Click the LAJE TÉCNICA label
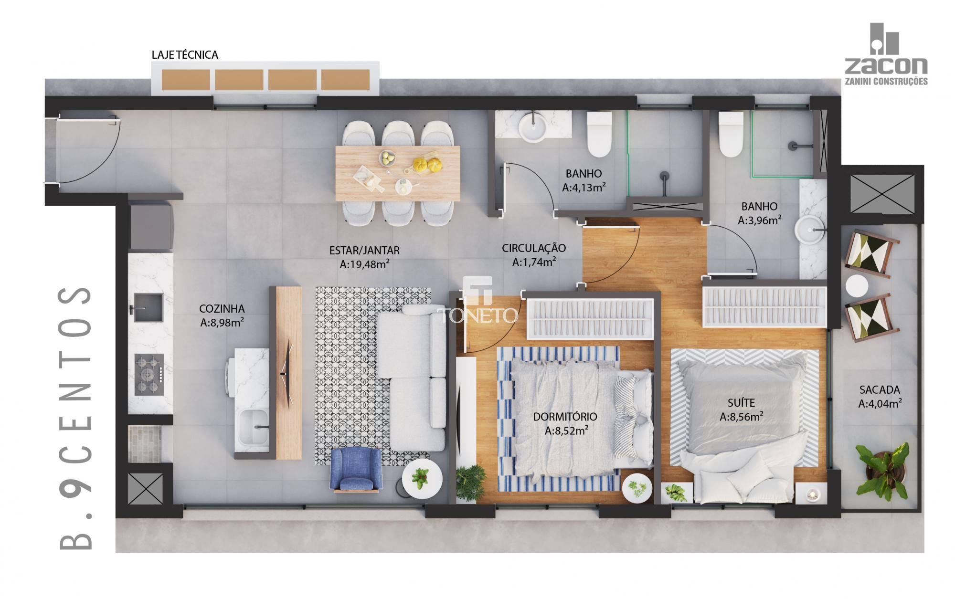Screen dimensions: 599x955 point(185,55)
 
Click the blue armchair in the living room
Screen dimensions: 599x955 point(357,470)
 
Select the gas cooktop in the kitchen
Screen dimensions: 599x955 point(149,374)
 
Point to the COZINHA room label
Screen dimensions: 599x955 point(222,309)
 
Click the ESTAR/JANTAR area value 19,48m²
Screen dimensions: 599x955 point(364,264)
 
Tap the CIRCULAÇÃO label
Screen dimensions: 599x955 point(533,248)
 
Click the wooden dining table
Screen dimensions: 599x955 point(397,173)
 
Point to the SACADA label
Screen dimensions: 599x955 point(879,390)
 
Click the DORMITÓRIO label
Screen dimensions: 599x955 point(565,417)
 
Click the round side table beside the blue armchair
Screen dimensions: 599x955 point(421,480)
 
